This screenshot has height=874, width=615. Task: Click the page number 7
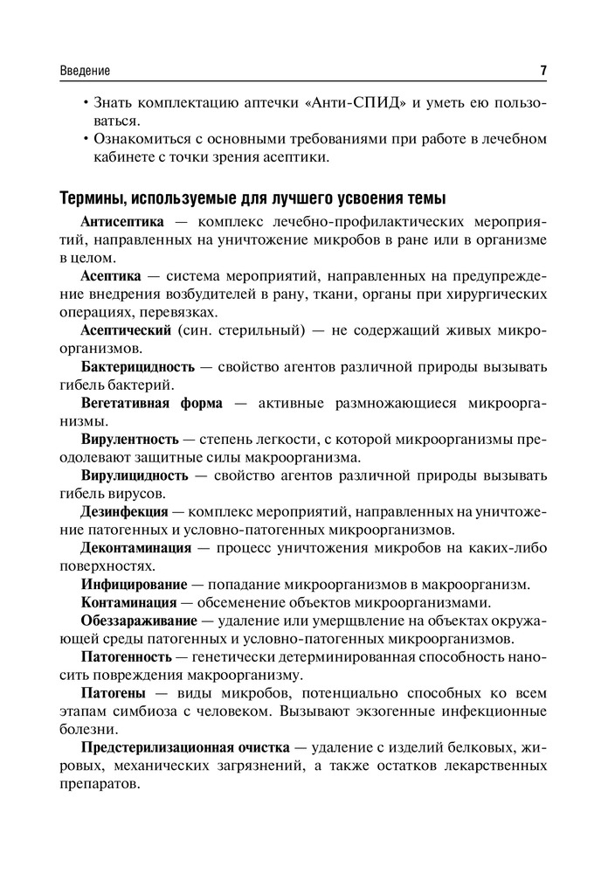[x=543, y=70]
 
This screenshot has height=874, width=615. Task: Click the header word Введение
[x=86, y=71]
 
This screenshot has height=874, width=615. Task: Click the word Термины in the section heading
[x=93, y=196]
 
